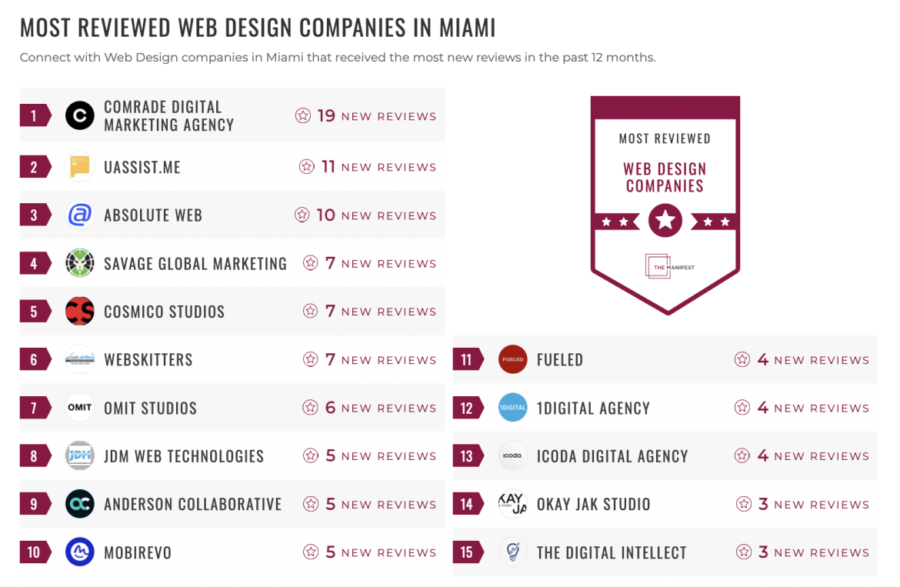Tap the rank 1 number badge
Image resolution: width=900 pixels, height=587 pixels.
point(34,116)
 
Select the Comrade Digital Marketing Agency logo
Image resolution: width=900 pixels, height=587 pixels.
point(80,116)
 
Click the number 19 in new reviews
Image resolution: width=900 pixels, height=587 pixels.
point(326,116)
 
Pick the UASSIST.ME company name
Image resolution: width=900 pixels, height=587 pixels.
point(142,167)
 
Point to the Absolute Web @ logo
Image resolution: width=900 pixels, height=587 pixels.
point(80,215)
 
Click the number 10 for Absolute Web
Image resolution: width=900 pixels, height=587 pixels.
point(326,215)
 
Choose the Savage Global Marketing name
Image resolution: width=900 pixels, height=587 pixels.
point(195,264)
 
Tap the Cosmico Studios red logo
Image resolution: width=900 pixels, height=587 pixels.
point(80,312)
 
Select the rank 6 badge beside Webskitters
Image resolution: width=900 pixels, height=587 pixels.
point(34,360)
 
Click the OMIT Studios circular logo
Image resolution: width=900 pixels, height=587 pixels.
point(80,408)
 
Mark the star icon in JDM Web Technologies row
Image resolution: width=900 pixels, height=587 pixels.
point(311,456)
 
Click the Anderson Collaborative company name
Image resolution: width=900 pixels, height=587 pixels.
point(193,505)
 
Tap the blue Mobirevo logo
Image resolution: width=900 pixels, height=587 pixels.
point(80,552)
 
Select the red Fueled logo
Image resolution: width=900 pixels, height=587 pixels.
point(512,359)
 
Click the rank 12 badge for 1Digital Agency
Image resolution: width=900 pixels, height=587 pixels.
point(467,408)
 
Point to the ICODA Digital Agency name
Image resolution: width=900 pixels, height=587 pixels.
point(612,456)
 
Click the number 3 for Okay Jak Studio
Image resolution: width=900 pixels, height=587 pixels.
point(763,505)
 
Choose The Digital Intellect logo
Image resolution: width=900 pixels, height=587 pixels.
point(512,552)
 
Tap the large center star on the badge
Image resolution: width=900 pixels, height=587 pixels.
point(665,222)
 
